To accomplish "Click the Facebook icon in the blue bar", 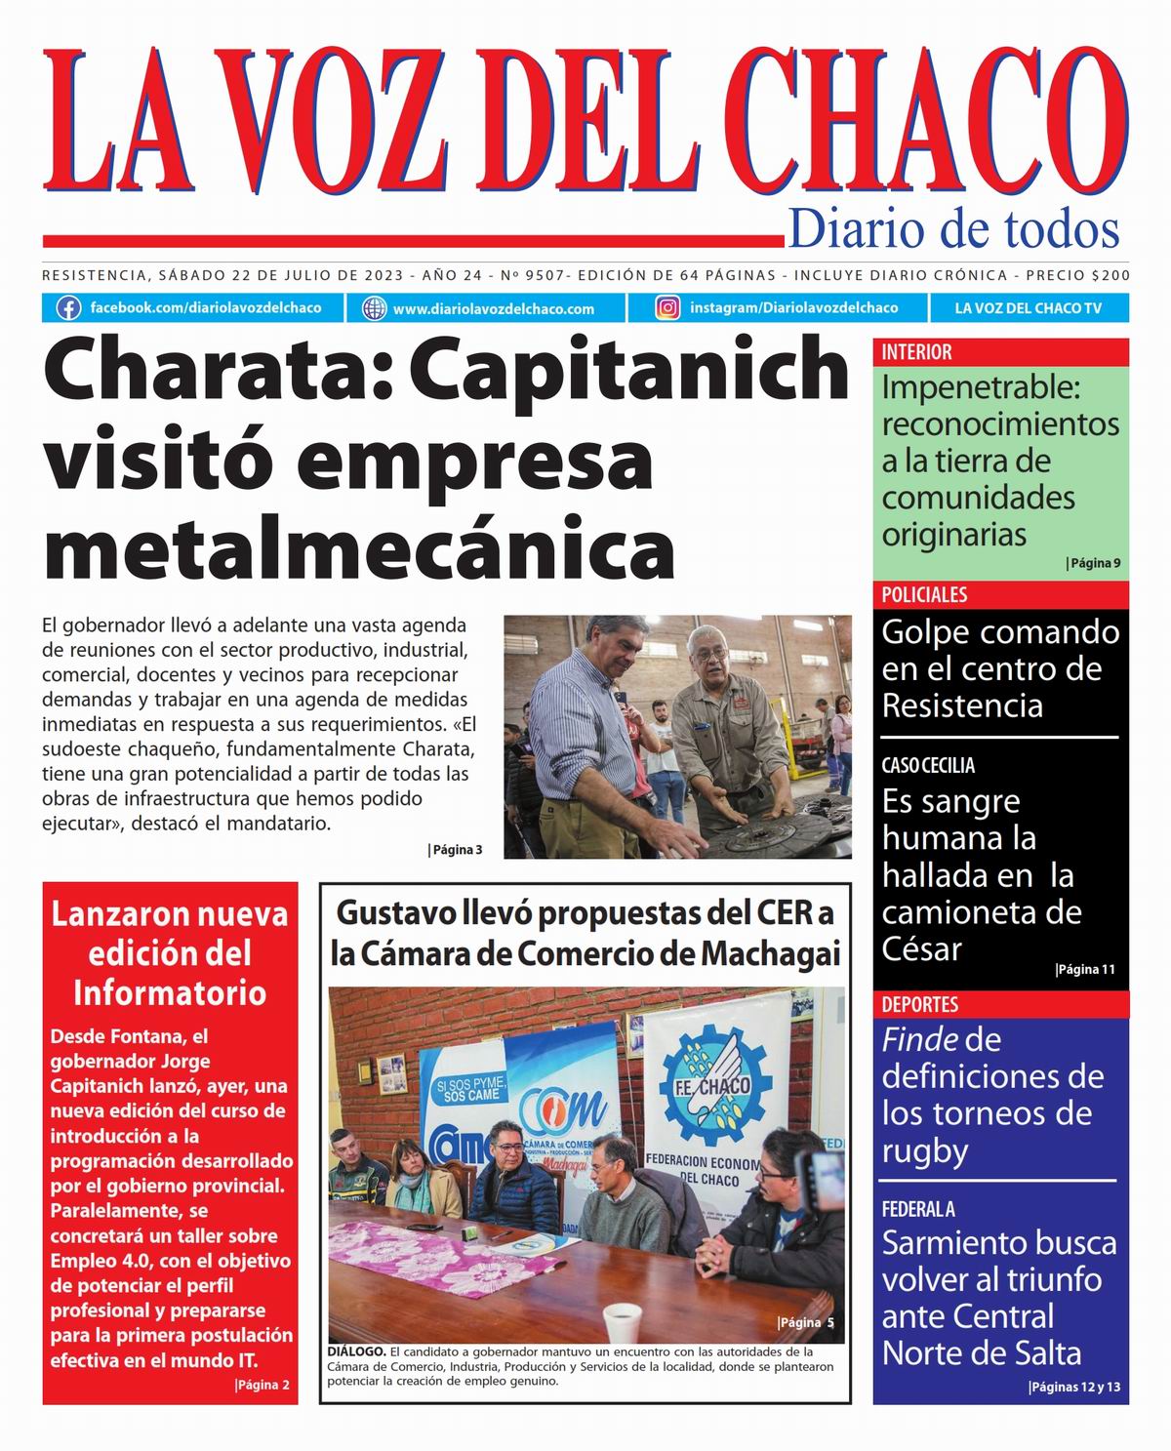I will [68, 308].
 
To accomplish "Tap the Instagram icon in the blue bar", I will [667, 308].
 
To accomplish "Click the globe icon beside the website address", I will [374, 308].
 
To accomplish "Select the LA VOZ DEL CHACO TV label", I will [1028, 308].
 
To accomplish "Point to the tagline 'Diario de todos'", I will [952, 229].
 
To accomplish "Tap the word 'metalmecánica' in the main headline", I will [359, 551].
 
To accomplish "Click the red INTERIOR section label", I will [916, 352].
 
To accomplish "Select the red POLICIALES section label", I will [924, 595].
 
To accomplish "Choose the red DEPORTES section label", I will [919, 1004].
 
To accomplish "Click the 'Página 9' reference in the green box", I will [1093, 563].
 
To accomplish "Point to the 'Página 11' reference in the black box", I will [1085, 970].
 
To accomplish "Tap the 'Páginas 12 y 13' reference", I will [1074, 1388].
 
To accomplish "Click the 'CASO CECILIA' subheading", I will [928, 766].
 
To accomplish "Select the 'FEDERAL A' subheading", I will [918, 1209].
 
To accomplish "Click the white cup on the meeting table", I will [623, 1321].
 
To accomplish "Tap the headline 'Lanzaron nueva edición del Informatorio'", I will [170, 953].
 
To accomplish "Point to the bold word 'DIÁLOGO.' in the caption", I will [356, 1352].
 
